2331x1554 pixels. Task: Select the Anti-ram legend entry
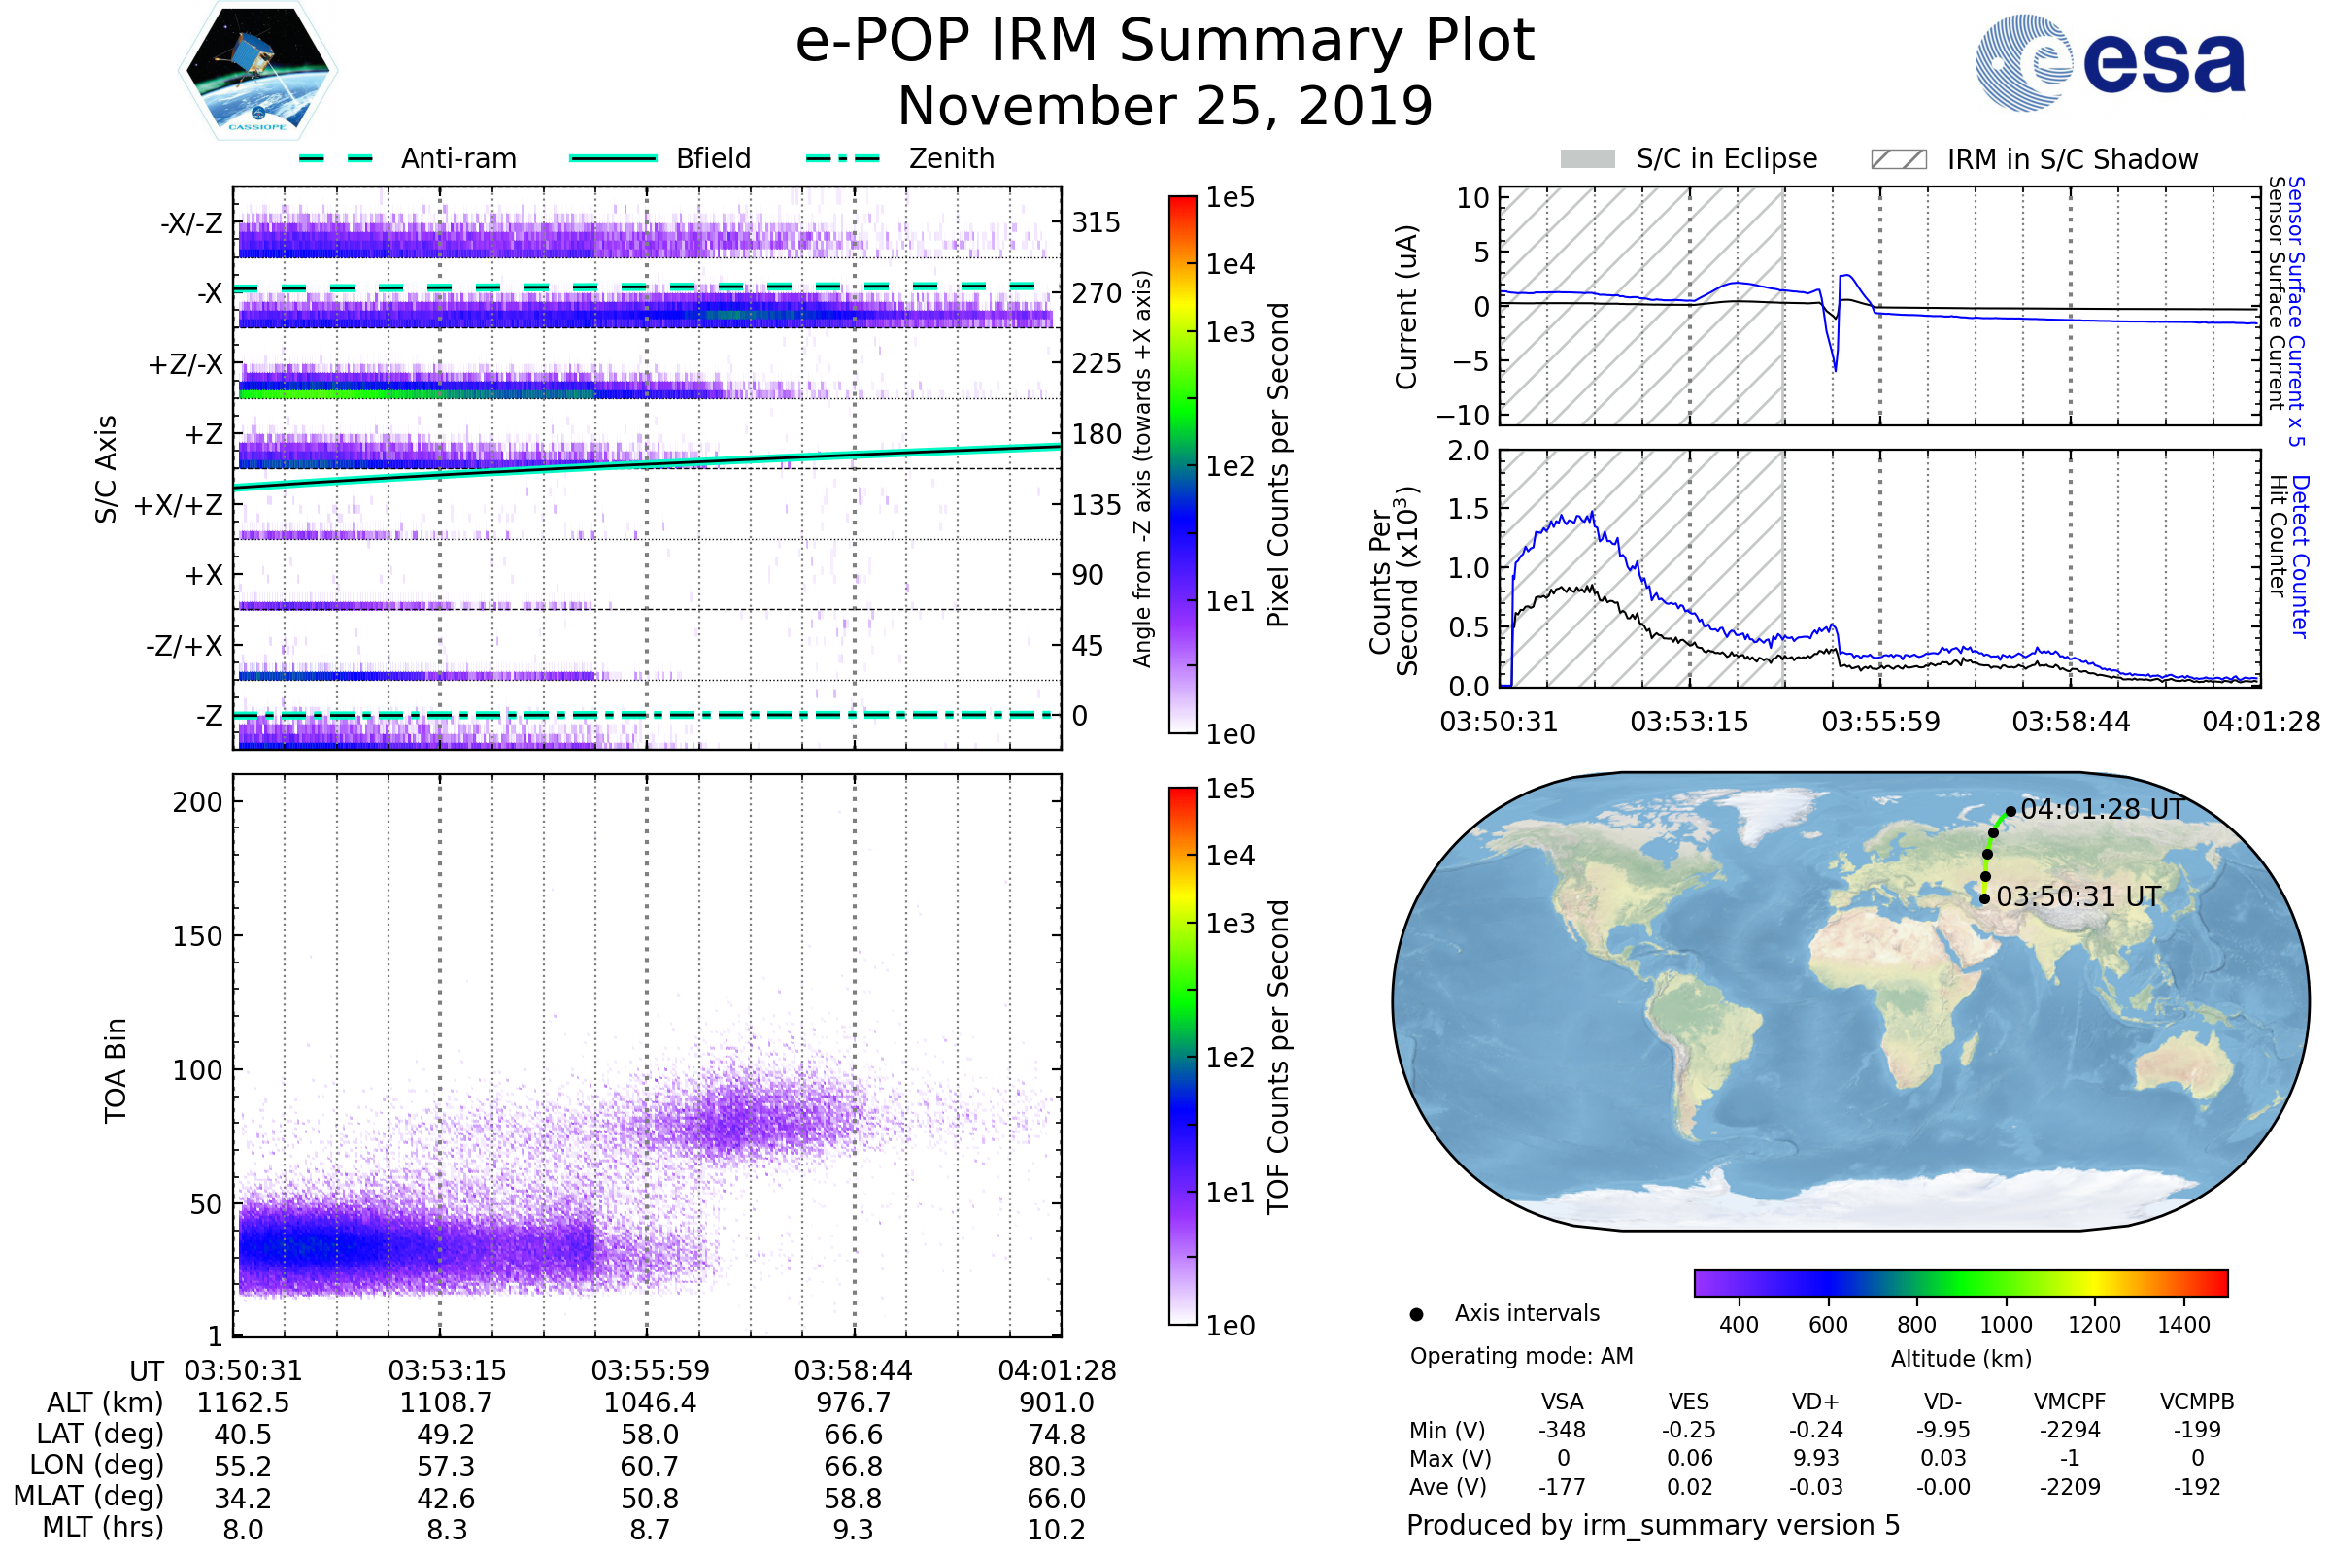pyautogui.click(x=457, y=158)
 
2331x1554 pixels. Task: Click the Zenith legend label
pyautogui.click(x=952, y=158)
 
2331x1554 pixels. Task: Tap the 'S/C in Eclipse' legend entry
pyautogui.click(x=1727, y=158)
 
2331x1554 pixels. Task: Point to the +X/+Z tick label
pyautogui.click(x=179, y=505)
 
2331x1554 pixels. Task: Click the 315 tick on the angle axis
pyautogui.click(x=1097, y=222)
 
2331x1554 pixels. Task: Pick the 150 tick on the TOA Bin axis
pyautogui.click(x=197, y=936)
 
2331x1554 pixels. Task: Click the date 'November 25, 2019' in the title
pyautogui.click(x=1165, y=106)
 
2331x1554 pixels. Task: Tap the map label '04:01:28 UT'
pyautogui.click(x=2101, y=810)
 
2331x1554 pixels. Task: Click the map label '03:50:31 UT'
pyautogui.click(x=2078, y=896)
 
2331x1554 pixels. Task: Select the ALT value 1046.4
pyautogui.click(x=650, y=1403)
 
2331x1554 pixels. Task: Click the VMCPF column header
pyautogui.click(x=2070, y=1402)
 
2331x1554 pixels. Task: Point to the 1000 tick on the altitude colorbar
pyautogui.click(x=2006, y=1325)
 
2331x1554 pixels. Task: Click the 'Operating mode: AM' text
pyautogui.click(x=1521, y=1356)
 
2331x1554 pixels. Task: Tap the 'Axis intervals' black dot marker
pyautogui.click(x=1417, y=1314)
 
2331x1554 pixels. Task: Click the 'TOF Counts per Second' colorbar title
pyautogui.click(x=1278, y=1057)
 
